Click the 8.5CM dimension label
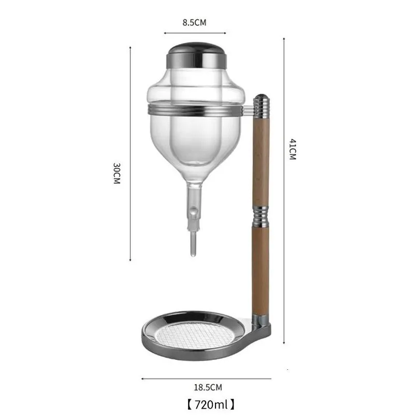[x=194, y=22]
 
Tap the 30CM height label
[x=117, y=174]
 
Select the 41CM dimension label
[x=293, y=149]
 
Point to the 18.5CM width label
[x=208, y=387]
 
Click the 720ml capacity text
[x=211, y=404]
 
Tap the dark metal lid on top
[x=197, y=55]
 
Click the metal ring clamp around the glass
[x=195, y=110]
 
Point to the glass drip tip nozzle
[x=193, y=244]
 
